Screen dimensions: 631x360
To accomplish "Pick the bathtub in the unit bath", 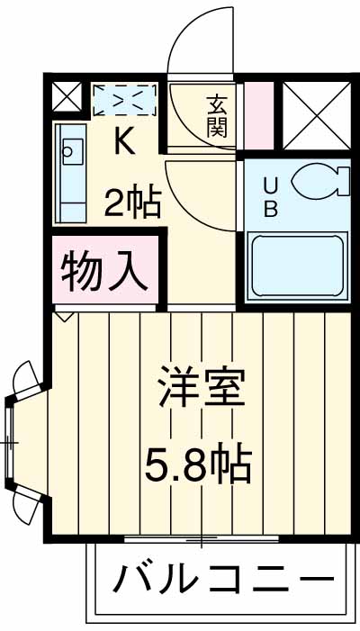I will point(297,266).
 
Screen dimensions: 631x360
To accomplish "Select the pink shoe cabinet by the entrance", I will point(259,114).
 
